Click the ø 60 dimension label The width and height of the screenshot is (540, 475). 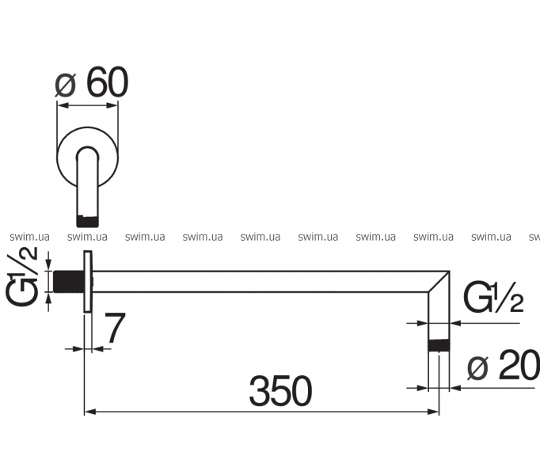pos(92,82)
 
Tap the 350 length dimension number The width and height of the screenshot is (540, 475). pos(280,391)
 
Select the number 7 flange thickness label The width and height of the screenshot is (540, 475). pos(115,328)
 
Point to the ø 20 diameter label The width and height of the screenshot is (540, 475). pos(504,365)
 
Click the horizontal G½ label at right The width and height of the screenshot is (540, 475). pos(493,297)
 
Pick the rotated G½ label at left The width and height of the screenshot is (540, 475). pos(23,275)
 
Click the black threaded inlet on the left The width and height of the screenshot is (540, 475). pos(69,281)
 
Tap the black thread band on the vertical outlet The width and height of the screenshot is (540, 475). pos(439,345)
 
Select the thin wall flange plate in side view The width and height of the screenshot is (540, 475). pos(88,282)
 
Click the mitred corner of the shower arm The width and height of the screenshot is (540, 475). pos(439,282)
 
